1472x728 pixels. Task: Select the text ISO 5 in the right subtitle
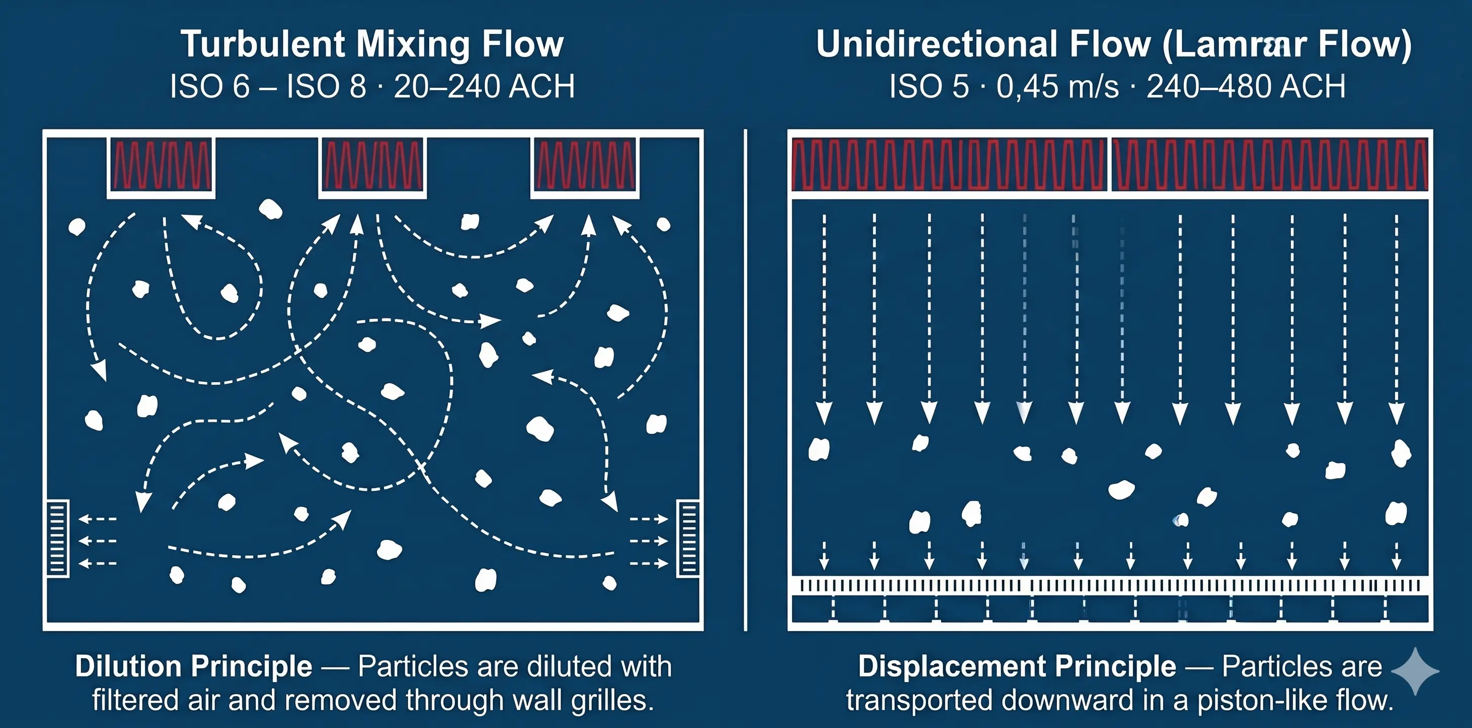pyautogui.click(x=929, y=87)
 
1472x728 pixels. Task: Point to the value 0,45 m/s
pyautogui.click(x=1057, y=87)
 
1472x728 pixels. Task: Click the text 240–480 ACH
pyautogui.click(x=1246, y=87)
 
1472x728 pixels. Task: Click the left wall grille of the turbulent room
pyautogui.click(x=57, y=538)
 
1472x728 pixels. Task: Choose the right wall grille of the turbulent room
pyautogui.click(x=688, y=538)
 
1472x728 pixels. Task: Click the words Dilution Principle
pyautogui.click(x=194, y=666)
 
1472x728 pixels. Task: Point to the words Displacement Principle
pyautogui.click(x=1017, y=666)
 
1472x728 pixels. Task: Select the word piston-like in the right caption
pyautogui.click(x=1254, y=701)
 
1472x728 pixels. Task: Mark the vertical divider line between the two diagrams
pyautogui.click(x=746, y=380)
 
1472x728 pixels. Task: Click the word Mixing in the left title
pyautogui.click(x=412, y=44)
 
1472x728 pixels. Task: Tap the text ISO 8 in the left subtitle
pyautogui.click(x=326, y=87)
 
